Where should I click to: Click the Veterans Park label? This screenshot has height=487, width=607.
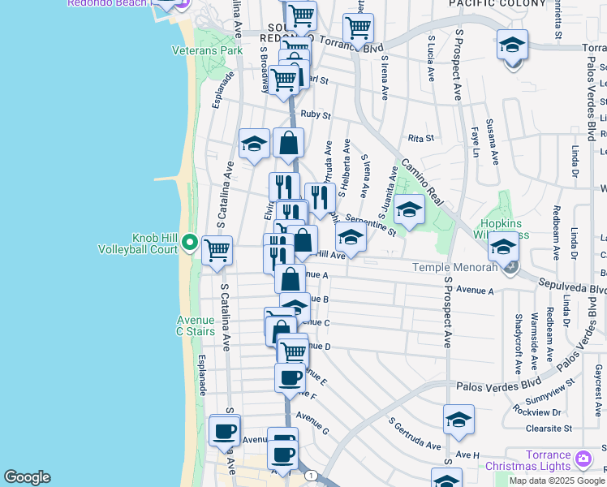(x=207, y=50)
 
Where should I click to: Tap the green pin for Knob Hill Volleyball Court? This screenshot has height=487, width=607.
(x=190, y=242)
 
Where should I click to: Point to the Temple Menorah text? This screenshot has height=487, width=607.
(x=453, y=266)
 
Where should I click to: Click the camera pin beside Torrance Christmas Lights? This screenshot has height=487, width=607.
(x=583, y=460)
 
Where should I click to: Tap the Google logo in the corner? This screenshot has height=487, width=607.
(x=27, y=477)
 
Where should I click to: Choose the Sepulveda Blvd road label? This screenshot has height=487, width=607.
(x=573, y=287)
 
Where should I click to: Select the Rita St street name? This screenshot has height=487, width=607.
(x=422, y=138)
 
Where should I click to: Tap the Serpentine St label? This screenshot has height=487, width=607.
(x=369, y=224)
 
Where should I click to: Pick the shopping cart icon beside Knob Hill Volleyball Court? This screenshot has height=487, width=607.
(x=217, y=252)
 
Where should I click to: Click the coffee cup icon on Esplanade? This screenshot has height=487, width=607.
(x=224, y=431)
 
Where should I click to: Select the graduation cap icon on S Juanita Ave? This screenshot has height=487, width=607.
(x=409, y=211)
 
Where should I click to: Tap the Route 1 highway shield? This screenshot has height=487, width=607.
(x=310, y=476)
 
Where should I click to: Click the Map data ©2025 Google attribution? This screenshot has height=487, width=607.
(x=557, y=481)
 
